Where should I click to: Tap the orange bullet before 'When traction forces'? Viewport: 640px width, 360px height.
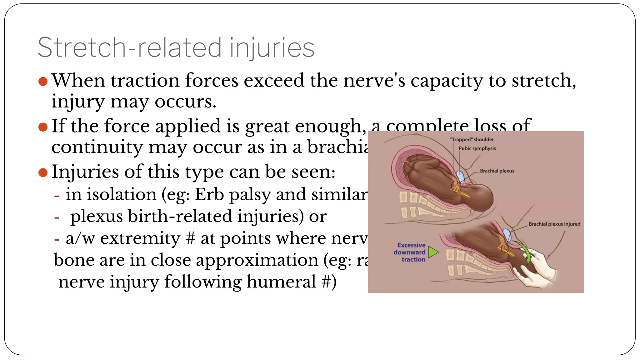[43, 82]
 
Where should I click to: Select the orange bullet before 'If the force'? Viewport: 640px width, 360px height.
[43, 127]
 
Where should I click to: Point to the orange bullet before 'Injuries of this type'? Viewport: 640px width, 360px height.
[43, 172]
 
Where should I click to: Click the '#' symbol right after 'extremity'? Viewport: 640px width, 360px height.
[190, 238]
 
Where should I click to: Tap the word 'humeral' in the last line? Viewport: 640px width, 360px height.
[281, 282]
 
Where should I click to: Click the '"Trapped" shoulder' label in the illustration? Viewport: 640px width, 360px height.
[472, 140]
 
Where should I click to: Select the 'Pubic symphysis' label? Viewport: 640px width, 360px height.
[477, 148]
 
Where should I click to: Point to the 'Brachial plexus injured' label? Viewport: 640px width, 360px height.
[554, 224]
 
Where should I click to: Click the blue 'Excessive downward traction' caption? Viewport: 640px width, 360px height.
[410, 252]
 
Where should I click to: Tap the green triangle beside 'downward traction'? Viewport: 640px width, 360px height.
[433, 252]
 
